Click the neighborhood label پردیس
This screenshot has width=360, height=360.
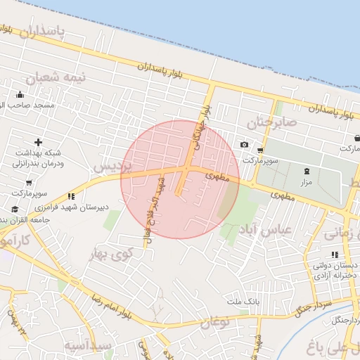click(112, 167)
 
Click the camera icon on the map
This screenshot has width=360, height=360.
click(244, 145)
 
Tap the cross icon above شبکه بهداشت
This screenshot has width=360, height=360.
click(38, 143)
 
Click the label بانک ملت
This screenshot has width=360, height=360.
click(229, 302)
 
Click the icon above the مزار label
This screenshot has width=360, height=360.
click(306, 172)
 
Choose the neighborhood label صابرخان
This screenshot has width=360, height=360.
click(277, 122)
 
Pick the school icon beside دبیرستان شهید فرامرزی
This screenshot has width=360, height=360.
click(71, 196)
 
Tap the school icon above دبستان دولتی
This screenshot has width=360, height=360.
click(333, 255)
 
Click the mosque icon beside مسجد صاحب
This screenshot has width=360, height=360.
click(20, 95)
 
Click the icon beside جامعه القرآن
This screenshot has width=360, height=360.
click(15, 210)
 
